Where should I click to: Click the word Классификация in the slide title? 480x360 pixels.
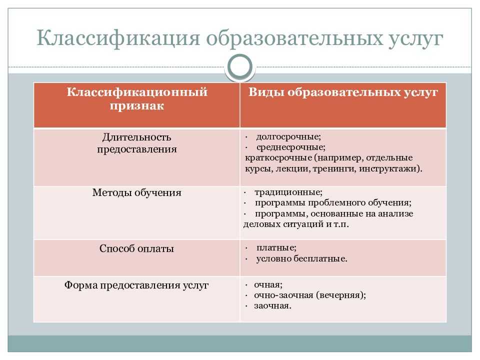pyautogui.click(x=118, y=38)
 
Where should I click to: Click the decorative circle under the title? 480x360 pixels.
pyautogui.click(x=240, y=66)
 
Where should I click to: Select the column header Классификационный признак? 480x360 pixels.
pyautogui.click(x=137, y=98)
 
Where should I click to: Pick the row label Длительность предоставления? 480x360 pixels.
pyautogui.click(x=137, y=143)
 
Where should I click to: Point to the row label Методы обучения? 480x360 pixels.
pyautogui.click(x=137, y=192)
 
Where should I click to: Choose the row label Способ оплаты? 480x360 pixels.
pyautogui.click(x=136, y=248)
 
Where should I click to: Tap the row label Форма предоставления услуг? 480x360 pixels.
pyautogui.click(x=136, y=285)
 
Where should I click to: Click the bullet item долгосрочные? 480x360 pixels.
pyautogui.click(x=288, y=136)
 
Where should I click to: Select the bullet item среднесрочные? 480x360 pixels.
pyautogui.click(x=291, y=147)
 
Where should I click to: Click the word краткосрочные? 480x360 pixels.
pyautogui.click(x=278, y=158)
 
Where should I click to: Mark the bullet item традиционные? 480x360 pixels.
pyautogui.click(x=288, y=192)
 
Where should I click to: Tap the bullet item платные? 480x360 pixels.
pyautogui.click(x=276, y=247)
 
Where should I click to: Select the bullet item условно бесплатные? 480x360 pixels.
pyautogui.click(x=302, y=258)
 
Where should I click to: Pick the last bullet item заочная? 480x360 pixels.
pyautogui.click(x=272, y=306)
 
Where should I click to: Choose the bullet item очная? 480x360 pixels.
pyautogui.click(x=268, y=284)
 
